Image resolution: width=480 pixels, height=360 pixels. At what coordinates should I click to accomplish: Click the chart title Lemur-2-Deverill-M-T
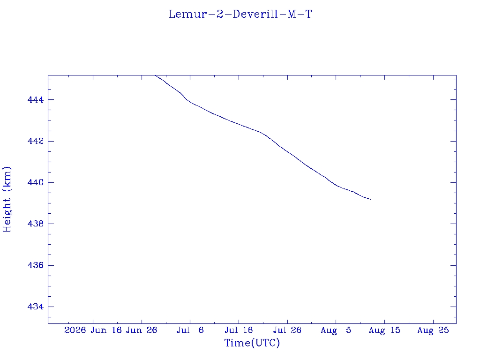point(240,15)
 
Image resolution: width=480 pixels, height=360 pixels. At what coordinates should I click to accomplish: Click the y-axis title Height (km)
point(7,199)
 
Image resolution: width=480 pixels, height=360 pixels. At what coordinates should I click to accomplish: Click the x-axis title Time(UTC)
point(252,343)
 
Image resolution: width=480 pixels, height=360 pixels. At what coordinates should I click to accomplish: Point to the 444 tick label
point(36,100)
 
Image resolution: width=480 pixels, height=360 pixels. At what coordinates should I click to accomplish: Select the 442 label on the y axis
point(36,141)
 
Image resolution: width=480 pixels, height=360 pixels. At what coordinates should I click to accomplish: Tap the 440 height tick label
point(36,182)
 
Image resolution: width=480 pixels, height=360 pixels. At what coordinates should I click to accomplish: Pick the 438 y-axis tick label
point(36,224)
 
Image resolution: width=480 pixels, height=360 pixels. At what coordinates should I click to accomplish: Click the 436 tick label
point(36,265)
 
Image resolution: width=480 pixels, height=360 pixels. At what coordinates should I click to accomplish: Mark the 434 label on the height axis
point(36,307)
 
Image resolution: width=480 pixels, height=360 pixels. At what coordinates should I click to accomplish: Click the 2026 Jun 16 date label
point(93,330)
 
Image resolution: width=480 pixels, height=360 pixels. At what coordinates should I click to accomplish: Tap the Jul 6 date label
point(190,330)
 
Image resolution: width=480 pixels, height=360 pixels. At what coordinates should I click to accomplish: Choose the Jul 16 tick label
point(239,330)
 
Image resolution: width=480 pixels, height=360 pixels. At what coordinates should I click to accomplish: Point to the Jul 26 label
point(287,330)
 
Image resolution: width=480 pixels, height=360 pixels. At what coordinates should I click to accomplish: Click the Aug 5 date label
point(336,330)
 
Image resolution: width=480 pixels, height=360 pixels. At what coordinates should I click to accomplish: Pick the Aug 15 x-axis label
point(384,330)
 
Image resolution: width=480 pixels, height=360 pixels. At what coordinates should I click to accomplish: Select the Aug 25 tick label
point(433,330)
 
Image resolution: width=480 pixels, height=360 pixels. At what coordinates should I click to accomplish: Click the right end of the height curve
point(370,200)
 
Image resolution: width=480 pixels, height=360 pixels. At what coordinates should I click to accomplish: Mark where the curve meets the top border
point(156,75)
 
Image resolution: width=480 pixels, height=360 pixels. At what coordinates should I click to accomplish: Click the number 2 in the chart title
point(220,15)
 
